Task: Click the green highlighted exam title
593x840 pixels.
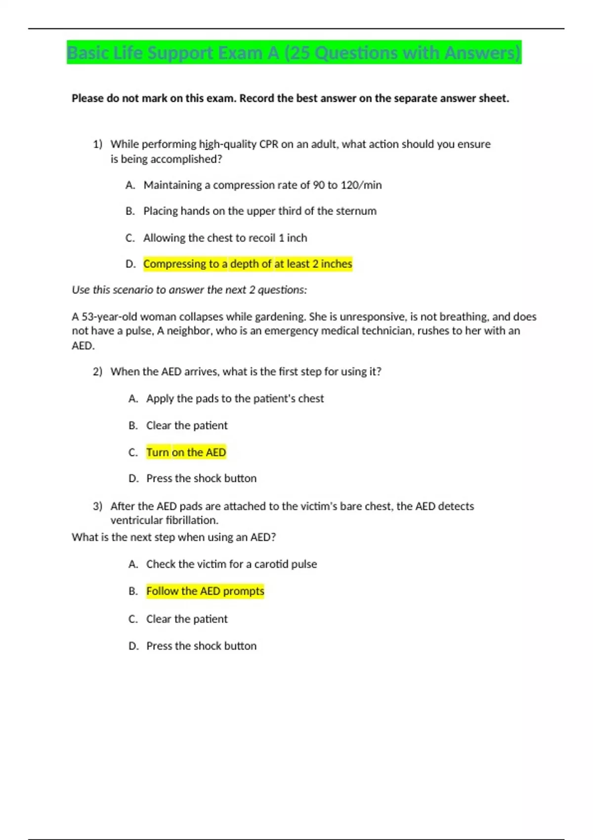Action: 294,52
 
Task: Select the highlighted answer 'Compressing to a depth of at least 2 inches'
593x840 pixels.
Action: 248,264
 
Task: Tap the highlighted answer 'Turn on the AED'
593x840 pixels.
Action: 186,452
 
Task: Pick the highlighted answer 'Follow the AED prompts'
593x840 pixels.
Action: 205,591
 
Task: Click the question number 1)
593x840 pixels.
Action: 97,144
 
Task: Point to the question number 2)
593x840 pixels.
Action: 97,372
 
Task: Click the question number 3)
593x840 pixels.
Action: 97,506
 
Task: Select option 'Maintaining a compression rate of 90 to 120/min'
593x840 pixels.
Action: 262,185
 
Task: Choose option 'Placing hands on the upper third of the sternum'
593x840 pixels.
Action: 259,211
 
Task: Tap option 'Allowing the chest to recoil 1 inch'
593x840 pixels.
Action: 225,238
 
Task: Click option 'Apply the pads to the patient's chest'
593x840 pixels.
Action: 235,398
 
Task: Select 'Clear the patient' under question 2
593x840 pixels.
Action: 187,425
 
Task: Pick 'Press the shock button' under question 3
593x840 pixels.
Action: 201,646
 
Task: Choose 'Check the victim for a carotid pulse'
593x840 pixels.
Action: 231,564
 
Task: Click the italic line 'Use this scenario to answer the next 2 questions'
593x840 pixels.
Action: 189,290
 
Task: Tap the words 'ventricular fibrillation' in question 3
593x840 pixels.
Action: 164,520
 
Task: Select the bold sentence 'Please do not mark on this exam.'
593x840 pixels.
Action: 154,98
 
